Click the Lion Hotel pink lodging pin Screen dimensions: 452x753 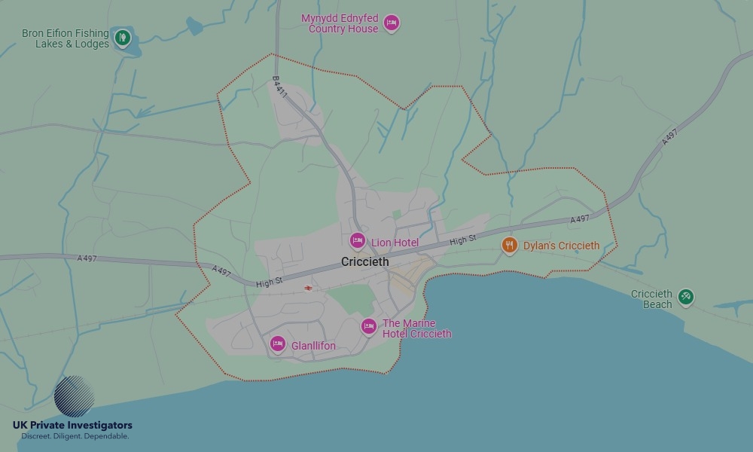[x=358, y=241]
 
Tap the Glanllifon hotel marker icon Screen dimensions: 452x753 [x=278, y=344]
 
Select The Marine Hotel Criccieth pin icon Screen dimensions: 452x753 [x=368, y=326]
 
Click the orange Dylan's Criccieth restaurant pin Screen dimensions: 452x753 [x=510, y=244]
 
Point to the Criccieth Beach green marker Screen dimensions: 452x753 [x=685, y=297]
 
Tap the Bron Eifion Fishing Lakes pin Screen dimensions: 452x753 [x=122, y=36]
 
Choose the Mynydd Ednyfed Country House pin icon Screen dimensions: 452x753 [x=391, y=23]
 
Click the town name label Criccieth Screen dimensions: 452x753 [x=365, y=262]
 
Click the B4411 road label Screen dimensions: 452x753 [x=279, y=87]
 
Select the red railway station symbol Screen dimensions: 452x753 [x=308, y=288]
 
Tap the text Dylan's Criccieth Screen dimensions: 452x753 [x=562, y=246]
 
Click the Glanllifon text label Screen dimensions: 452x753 [x=313, y=347]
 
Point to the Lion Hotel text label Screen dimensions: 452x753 [x=395, y=243]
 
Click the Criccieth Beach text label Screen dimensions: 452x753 [x=652, y=299]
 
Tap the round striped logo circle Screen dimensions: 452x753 [x=75, y=396]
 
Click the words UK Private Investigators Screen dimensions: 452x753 [x=72, y=426]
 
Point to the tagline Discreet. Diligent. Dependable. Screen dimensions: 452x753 [x=75, y=436]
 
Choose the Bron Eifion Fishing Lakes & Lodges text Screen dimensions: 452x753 [x=66, y=38]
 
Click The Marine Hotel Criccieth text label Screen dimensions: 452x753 [x=416, y=328]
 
